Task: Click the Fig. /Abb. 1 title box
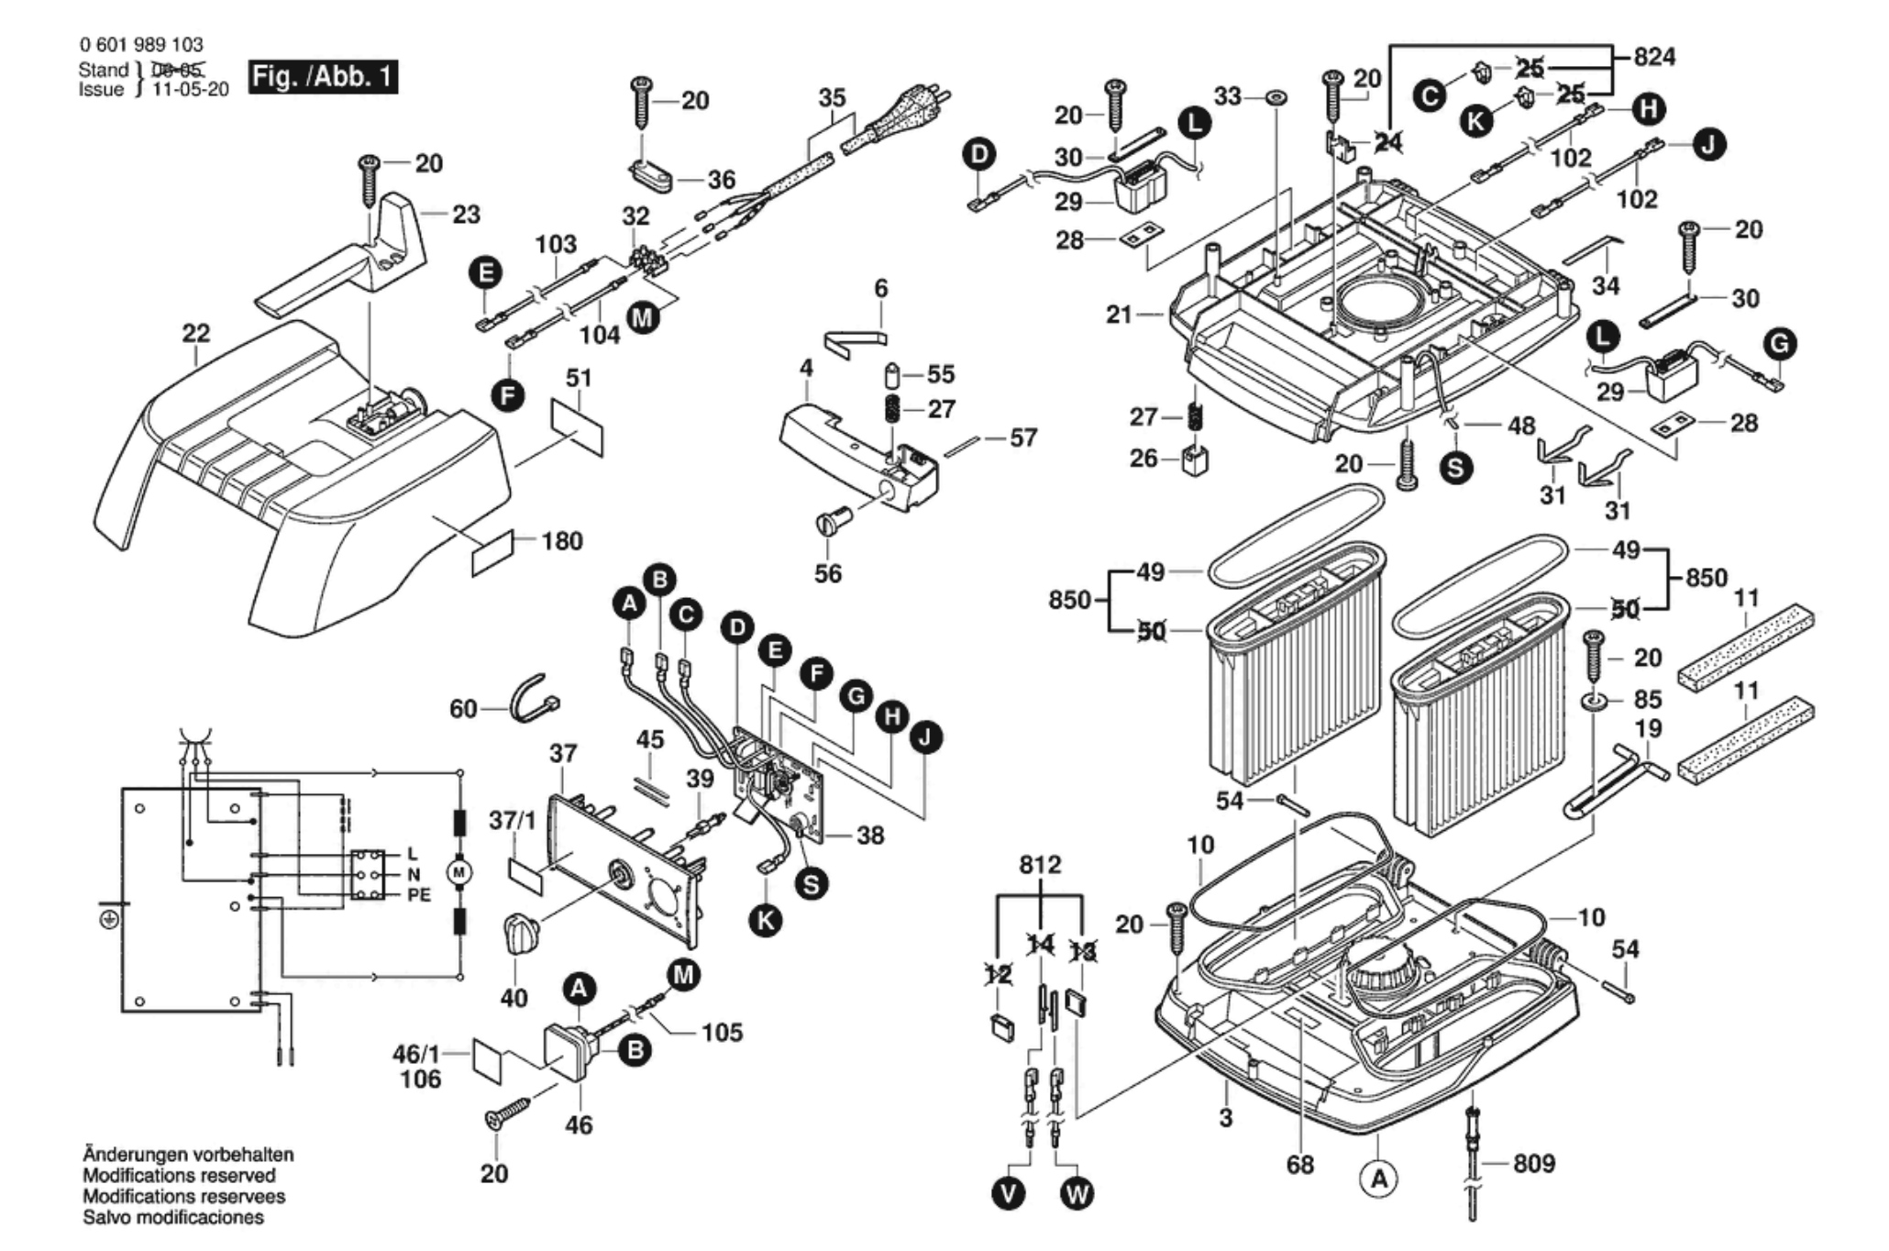[x=323, y=76]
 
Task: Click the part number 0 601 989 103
[x=141, y=44]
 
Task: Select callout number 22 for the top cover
[x=196, y=334]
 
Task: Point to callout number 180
[x=562, y=541]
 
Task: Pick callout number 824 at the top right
[x=1654, y=57]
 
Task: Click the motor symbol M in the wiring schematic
[x=459, y=869]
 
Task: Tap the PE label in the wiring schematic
[x=418, y=895]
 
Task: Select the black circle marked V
[x=1010, y=1194]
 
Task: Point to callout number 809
[x=1534, y=1164]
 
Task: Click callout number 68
[x=1300, y=1165]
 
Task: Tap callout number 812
[x=1040, y=865]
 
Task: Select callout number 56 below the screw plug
[x=828, y=573]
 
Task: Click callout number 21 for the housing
[x=1119, y=315]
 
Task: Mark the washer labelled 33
[x=1276, y=96]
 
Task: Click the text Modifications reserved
[x=179, y=1176]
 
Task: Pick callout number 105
[x=722, y=1033]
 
